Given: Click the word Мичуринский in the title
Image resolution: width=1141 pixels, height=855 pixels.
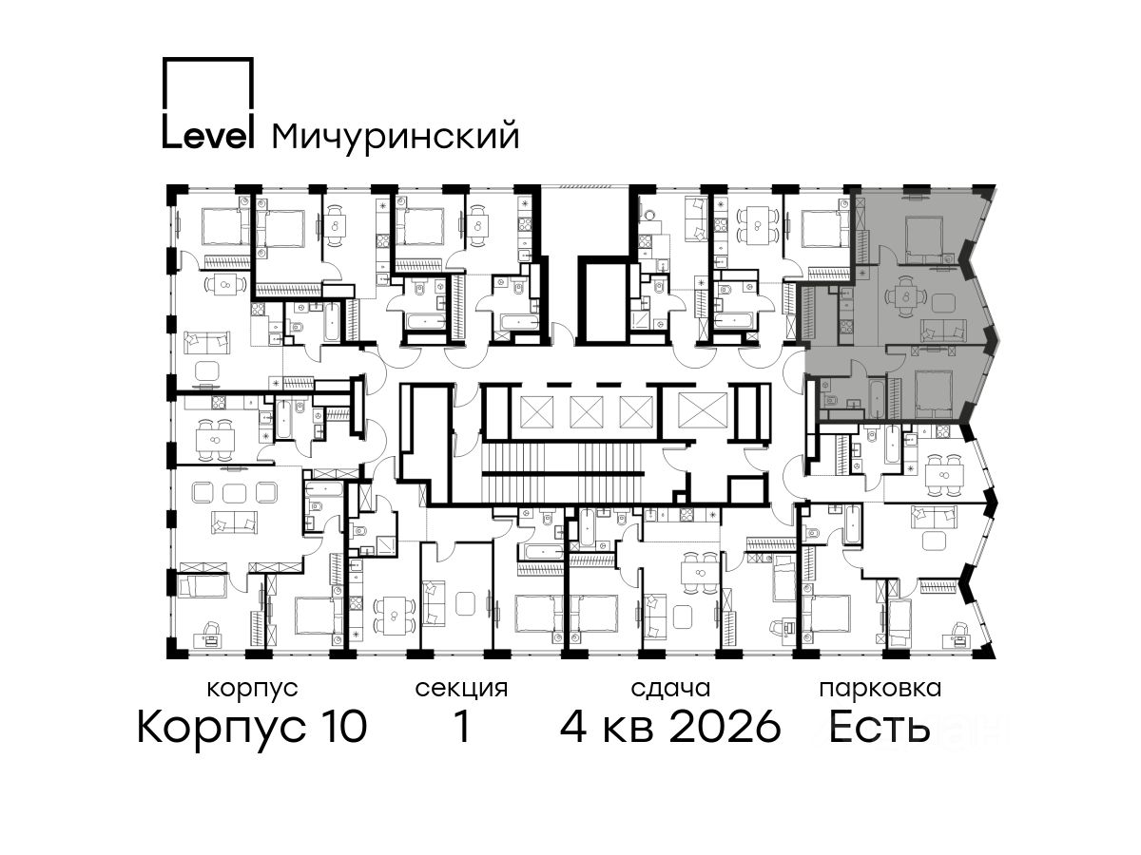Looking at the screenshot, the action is click(x=396, y=136).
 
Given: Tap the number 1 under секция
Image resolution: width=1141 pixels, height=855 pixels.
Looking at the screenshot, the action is click(x=462, y=728).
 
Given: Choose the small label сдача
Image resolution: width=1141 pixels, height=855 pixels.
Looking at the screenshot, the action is click(x=670, y=690).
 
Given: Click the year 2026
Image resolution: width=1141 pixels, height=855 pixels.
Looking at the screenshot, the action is click(x=725, y=728).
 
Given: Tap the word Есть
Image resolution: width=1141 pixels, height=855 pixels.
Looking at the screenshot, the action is click(x=879, y=728).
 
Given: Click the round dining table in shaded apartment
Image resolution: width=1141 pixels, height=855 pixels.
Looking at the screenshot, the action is click(x=906, y=297).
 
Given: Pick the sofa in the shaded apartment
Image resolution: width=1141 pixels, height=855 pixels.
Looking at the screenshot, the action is click(x=943, y=331).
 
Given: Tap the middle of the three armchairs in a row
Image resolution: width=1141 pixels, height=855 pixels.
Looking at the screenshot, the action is click(x=235, y=492).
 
